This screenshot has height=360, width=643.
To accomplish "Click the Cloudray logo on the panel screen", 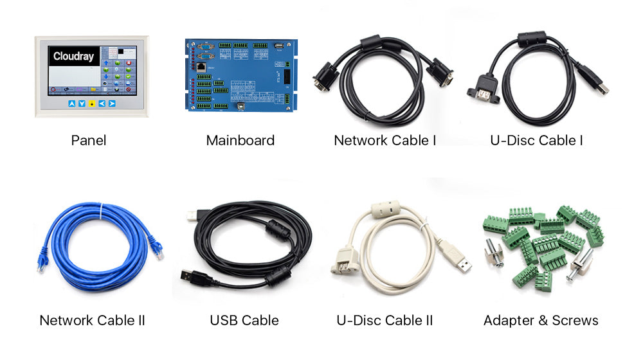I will click(x=73, y=57).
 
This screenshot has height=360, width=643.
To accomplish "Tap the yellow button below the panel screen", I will click(x=92, y=104).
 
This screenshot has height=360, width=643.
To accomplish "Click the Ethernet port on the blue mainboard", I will click(x=202, y=66).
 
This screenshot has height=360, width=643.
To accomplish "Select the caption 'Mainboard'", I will click(x=240, y=140).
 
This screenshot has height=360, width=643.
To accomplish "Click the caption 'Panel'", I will click(x=89, y=140).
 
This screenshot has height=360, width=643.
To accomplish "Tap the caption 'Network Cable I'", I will click(x=385, y=140).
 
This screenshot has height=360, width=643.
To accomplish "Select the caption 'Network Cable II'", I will click(x=92, y=320).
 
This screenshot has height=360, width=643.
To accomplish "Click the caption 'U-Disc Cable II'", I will click(x=385, y=320).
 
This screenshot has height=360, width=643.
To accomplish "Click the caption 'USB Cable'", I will click(x=244, y=320).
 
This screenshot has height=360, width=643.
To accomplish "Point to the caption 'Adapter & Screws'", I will click(x=541, y=320).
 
